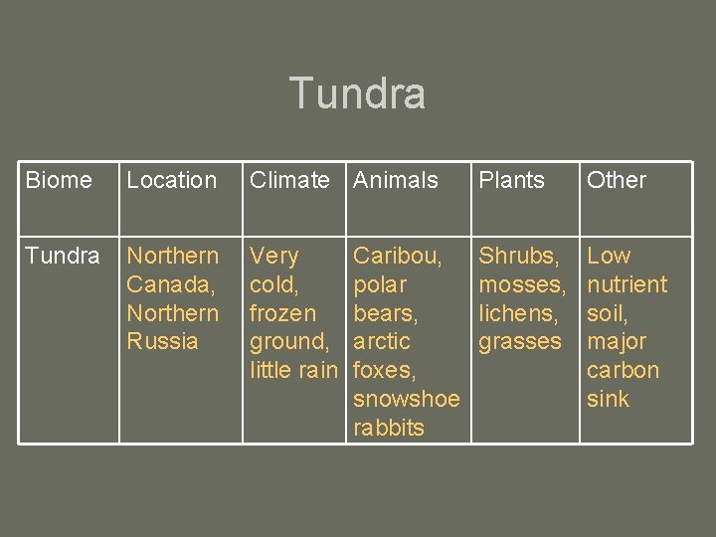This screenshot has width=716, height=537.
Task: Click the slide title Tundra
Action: tap(357, 93)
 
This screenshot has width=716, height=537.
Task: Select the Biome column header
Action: tap(58, 180)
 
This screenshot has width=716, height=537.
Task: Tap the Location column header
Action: tap(171, 180)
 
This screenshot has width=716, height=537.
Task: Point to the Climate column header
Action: tap(289, 180)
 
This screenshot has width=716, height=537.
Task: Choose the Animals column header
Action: tap(395, 180)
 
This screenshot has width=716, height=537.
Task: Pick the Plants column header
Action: tap(511, 180)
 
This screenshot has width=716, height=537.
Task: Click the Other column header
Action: tap(616, 180)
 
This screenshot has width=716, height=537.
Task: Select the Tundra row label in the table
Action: tap(62, 256)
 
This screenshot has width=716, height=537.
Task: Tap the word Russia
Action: tap(162, 341)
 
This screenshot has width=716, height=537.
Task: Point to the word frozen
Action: tap(282, 313)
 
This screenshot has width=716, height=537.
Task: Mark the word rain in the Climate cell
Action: tap(317, 370)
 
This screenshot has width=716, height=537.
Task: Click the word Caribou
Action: tap(398, 256)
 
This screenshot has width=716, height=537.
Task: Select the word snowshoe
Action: tap(406, 399)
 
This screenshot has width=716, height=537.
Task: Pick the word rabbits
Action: tap(388, 428)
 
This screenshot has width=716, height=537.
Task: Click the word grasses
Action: tap(520, 341)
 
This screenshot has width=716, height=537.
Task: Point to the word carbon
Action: tap(623, 370)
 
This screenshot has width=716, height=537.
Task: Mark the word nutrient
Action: tap(626, 284)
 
